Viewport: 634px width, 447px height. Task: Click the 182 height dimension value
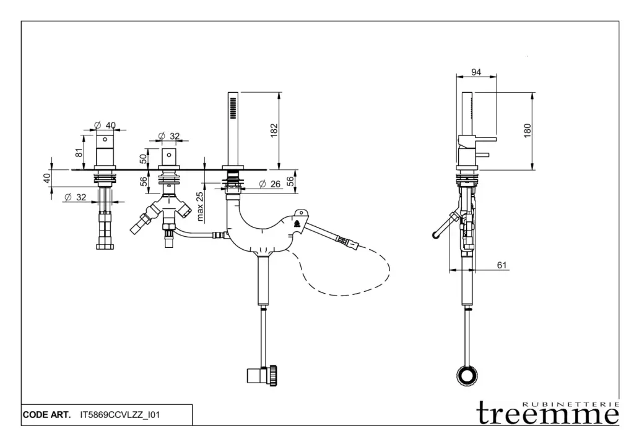tap(274, 131)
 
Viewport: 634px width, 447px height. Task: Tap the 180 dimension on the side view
tap(528, 130)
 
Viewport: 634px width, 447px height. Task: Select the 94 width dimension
tap(476, 72)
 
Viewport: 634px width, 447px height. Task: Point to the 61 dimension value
tap(502, 265)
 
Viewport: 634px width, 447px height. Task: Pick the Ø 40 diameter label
tap(105, 126)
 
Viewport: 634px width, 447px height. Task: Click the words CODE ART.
tap(46, 415)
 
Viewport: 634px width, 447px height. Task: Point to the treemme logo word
tap(548, 414)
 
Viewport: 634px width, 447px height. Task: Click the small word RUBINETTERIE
tap(570, 402)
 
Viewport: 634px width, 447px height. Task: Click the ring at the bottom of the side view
tap(467, 375)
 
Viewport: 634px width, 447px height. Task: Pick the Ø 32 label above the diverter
tap(168, 136)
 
